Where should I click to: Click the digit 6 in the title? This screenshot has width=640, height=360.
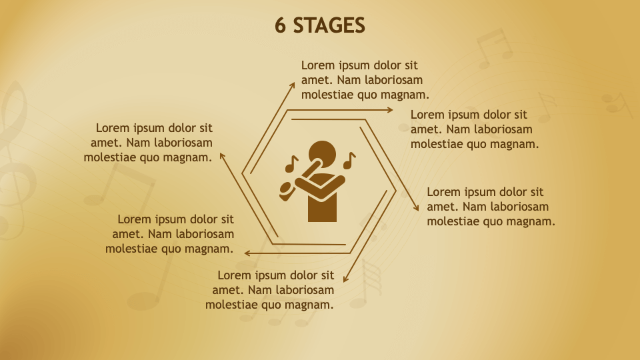[x=280, y=25]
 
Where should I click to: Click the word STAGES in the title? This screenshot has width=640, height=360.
[x=329, y=25]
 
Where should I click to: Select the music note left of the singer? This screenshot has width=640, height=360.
[x=291, y=164]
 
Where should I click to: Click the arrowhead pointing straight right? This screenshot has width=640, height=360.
[x=390, y=110]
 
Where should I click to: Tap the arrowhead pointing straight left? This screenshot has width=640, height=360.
[x=247, y=253]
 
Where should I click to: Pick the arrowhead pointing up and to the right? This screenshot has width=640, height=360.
[x=292, y=85]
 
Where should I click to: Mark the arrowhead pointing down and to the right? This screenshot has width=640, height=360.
[x=416, y=208]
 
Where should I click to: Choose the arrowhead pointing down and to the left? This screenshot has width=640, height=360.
[x=346, y=279]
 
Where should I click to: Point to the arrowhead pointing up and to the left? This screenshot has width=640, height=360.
[x=223, y=156]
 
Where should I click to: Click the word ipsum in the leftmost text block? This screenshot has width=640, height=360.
[x=143, y=129]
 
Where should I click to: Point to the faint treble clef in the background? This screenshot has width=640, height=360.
[x=14, y=159]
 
